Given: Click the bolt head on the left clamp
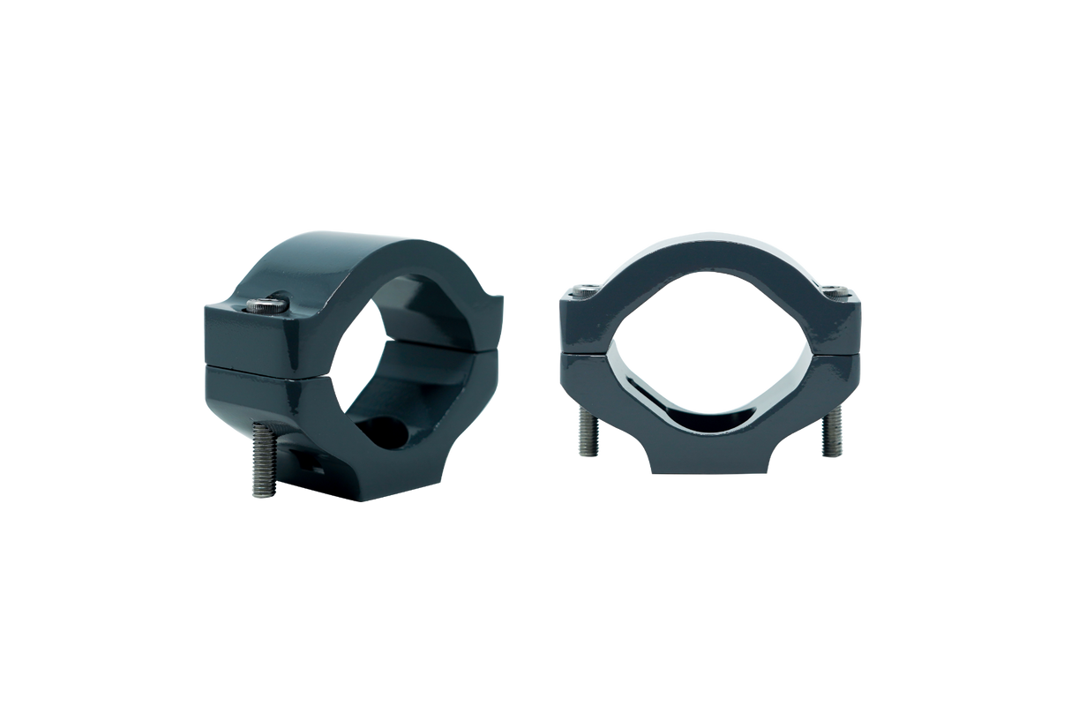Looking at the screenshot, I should pos(268,306).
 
